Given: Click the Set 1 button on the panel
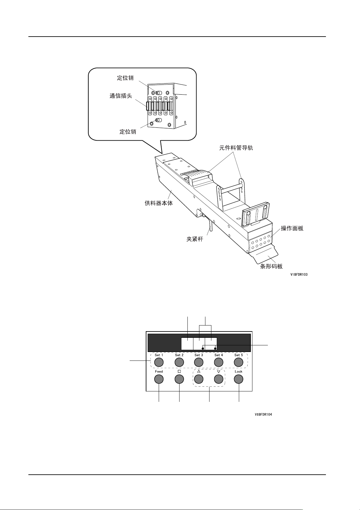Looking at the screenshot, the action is coord(159,362).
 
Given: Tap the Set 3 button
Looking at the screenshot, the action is coord(199,362).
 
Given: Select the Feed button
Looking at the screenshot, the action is coord(159,379).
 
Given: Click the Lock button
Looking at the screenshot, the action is coord(239,379).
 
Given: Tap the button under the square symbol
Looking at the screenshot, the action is coord(179,379).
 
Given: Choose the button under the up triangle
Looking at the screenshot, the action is coord(199,379).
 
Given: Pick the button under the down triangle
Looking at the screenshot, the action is coord(219,379).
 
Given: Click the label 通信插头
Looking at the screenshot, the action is coord(121,96).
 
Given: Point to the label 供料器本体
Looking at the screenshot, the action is coord(159,203).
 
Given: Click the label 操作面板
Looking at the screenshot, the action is coord(292,228).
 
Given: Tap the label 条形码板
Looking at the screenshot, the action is coord(271,266).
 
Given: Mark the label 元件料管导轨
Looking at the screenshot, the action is coord(236,148).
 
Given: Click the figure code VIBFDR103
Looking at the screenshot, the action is coord(299,274).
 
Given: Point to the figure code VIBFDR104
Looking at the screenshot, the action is coord(263,414).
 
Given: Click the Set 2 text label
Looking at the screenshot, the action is coord(179,355).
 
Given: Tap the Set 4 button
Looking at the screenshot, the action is coord(219,362).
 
